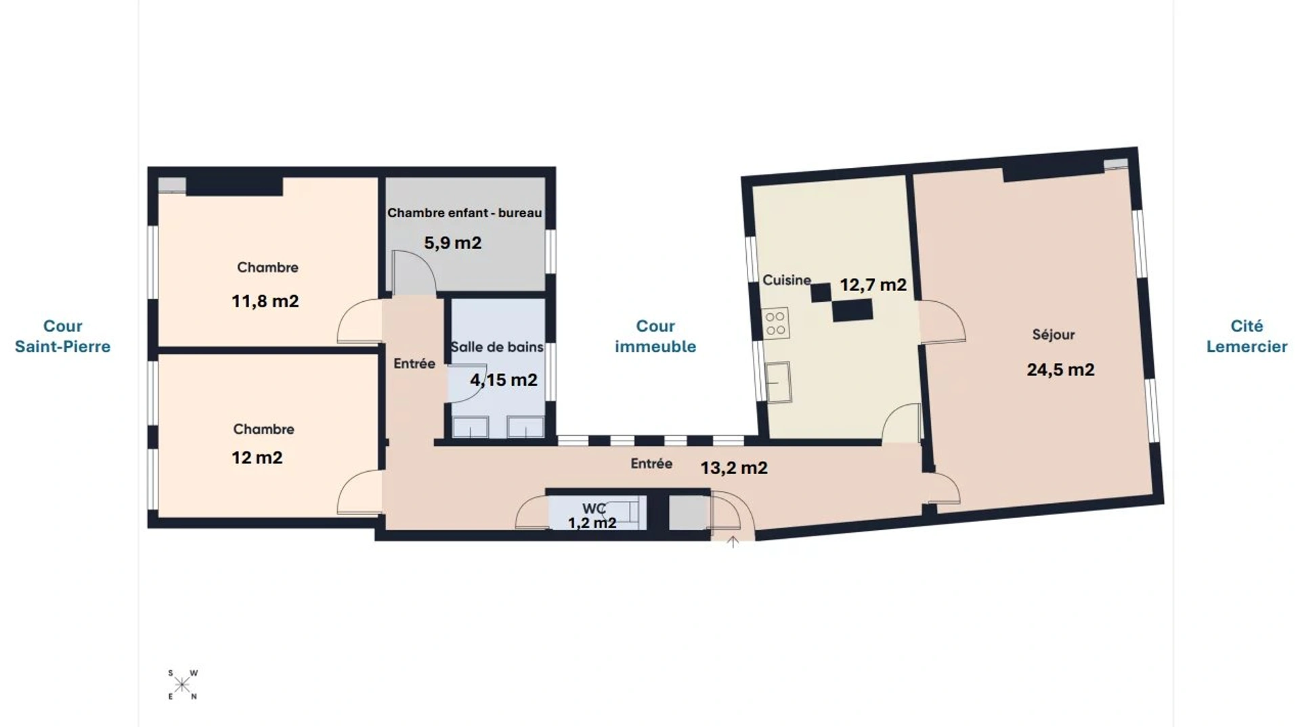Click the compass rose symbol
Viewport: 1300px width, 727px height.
[x=182, y=684]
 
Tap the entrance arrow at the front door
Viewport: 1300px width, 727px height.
[x=733, y=542]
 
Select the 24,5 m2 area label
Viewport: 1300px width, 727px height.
[x=1060, y=370]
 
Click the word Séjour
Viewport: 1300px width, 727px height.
[x=1054, y=334]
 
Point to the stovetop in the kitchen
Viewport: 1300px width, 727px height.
[x=776, y=324]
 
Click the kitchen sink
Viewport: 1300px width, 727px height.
[x=779, y=382]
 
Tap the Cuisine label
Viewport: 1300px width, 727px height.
[x=787, y=280]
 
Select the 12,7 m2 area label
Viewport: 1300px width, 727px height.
[x=873, y=285]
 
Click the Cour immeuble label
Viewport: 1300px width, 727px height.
[x=655, y=336]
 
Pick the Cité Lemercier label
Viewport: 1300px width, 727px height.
[x=1247, y=336]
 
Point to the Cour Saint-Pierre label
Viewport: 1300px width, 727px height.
[x=63, y=336]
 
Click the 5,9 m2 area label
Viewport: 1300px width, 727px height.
[x=452, y=243]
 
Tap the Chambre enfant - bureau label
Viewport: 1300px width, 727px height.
[x=464, y=213]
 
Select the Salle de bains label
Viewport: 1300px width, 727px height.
[x=497, y=347]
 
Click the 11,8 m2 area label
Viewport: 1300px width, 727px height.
[x=265, y=301]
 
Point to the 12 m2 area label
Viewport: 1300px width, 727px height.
[x=257, y=458]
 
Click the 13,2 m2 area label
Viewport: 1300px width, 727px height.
[x=733, y=468]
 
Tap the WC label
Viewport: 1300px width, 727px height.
[x=594, y=508]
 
